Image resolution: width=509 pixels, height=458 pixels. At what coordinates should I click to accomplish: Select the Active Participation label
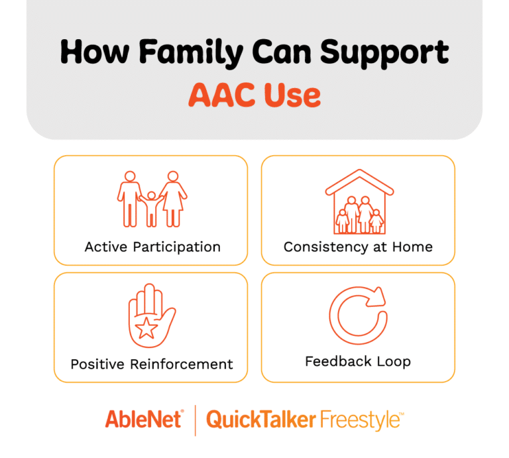[x=152, y=247]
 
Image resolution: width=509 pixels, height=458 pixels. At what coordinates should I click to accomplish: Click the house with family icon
[x=359, y=202]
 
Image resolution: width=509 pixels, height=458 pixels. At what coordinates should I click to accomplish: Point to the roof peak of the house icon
[x=359, y=172]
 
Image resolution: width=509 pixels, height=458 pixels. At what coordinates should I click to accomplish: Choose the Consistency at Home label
[x=358, y=247]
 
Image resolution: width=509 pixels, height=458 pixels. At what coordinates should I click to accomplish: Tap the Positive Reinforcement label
[x=152, y=364]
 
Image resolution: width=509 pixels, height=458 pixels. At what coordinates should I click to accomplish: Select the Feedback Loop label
[x=358, y=362]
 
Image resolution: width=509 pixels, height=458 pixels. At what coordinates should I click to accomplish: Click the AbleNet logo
[x=143, y=420]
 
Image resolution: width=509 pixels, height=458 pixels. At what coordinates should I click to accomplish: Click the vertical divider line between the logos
[x=195, y=420]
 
